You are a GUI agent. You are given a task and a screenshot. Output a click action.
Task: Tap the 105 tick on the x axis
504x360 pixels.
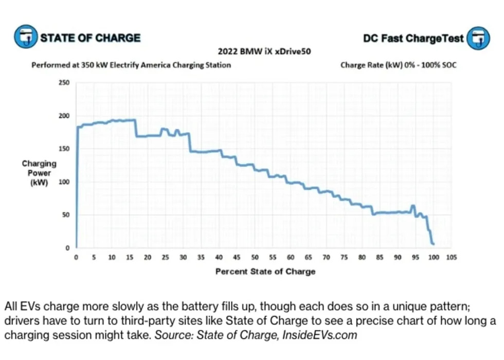click(x=451, y=257)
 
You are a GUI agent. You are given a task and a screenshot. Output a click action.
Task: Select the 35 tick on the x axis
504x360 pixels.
click(x=201, y=257)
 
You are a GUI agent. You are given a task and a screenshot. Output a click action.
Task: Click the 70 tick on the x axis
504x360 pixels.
click(x=326, y=257)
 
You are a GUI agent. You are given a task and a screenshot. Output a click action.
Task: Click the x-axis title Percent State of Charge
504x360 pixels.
click(x=265, y=271)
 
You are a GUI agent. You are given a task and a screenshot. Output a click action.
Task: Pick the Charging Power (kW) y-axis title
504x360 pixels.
click(x=39, y=173)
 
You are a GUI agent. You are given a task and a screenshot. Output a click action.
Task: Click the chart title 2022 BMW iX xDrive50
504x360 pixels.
click(x=265, y=51)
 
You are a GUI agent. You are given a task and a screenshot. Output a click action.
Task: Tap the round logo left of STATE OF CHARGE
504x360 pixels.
click(x=25, y=38)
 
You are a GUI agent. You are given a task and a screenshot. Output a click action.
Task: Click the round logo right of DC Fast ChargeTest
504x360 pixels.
click(x=478, y=38)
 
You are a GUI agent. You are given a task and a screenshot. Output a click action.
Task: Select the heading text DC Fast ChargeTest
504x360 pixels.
click(x=413, y=39)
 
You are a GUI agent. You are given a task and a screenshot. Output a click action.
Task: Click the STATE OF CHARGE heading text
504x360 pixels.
click(x=91, y=38)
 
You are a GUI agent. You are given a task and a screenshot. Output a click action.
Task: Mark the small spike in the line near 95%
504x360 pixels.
click(x=412, y=207)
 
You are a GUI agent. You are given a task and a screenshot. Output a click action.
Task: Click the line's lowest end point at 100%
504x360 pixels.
click(x=433, y=243)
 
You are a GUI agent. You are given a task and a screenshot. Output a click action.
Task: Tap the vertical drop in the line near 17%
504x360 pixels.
click(x=136, y=128)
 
